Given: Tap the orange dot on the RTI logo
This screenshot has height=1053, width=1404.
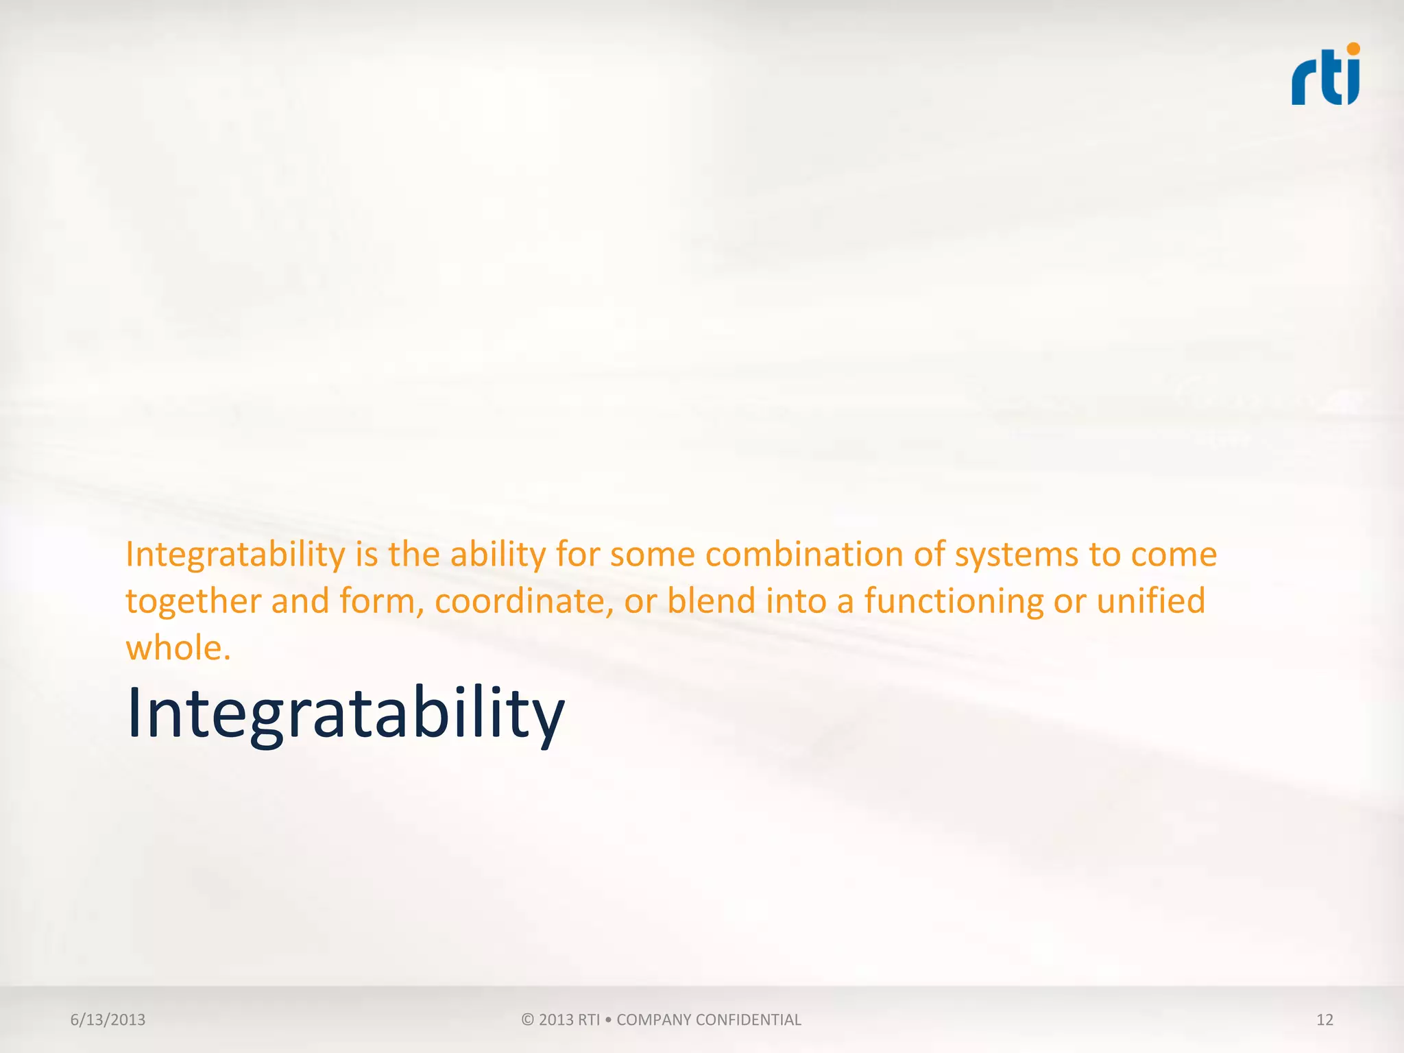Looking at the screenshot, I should tap(1353, 49).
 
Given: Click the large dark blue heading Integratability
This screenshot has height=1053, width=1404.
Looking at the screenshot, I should tap(346, 714).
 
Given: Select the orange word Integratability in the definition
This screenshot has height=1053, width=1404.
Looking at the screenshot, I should tap(235, 555).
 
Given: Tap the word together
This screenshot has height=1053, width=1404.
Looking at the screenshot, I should tap(193, 601).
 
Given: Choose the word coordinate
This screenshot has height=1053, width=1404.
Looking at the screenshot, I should tap(524, 601).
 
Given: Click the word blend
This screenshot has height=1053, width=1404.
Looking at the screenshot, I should tap(712, 601).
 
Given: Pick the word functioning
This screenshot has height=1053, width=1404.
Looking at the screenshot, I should tap(954, 601).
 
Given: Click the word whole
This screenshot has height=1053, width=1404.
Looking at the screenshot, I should tap(178, 648).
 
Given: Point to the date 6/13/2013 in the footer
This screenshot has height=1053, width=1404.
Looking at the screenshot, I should tap(108, 1019).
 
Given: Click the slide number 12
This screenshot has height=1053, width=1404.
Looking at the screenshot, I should tap(1324, 1019).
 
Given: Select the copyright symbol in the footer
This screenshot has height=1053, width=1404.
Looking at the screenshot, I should tap(527, 1019).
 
